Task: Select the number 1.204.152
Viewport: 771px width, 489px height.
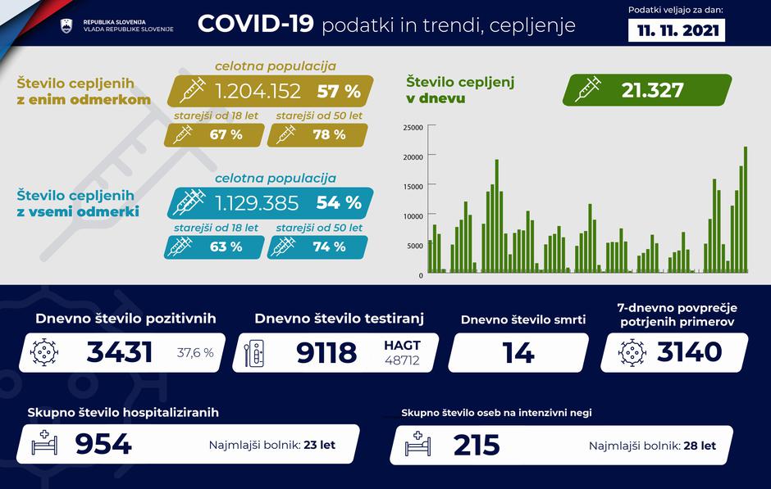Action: click(258, 90)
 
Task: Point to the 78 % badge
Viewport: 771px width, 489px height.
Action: click(328, 134)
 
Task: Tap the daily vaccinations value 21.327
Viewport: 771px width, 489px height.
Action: click(652, 90)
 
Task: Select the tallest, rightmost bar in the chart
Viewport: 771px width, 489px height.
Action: click(746, 210)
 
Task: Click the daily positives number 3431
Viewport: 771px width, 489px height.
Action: click(120, 352)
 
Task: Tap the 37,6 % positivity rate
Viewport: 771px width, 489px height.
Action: click(195, 353)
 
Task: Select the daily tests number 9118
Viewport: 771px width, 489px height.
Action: click(326, 352)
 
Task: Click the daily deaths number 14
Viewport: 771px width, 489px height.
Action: click(518, 353)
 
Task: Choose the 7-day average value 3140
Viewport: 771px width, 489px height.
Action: click(689, 352)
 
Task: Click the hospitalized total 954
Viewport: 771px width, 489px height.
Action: click(103, 444)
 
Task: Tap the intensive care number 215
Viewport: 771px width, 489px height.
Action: click(477, 445)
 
